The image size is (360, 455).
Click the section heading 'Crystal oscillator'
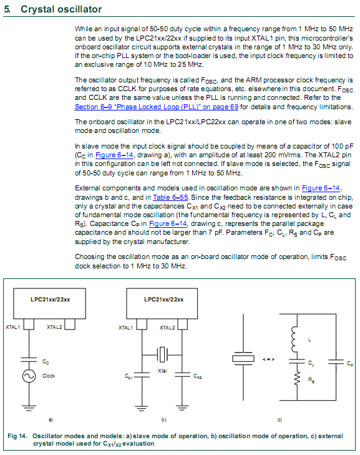click(61, 9)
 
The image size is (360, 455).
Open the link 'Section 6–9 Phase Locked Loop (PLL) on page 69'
click(157, 107)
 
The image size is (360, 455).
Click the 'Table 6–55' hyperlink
click(170, 197)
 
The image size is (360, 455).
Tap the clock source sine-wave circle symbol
click(29, 376)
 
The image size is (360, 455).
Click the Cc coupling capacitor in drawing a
click(29, 360)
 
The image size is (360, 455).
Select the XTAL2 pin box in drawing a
click(70, 325)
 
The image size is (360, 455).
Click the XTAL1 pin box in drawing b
click(142, 325)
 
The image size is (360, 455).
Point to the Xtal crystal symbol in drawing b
click(162, 355)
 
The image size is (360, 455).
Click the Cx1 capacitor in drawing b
click(142, 375)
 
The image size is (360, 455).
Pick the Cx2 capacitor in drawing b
click(182, 375)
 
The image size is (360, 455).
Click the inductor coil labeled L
click(294, 339)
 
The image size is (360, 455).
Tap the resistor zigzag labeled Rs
click(297, 378)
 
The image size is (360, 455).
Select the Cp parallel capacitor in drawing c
click(336, 362)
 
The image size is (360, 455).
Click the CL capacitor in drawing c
click(297, 361)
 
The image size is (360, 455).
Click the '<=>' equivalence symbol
click(268, 360)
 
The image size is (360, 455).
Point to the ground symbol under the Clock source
click(29, 408)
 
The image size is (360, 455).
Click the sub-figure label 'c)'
click(280, 419)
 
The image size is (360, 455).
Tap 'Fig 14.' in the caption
click(17, 436)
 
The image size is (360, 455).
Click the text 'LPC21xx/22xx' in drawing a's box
click(50, 300)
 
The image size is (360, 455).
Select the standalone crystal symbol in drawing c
click(243, 359)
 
